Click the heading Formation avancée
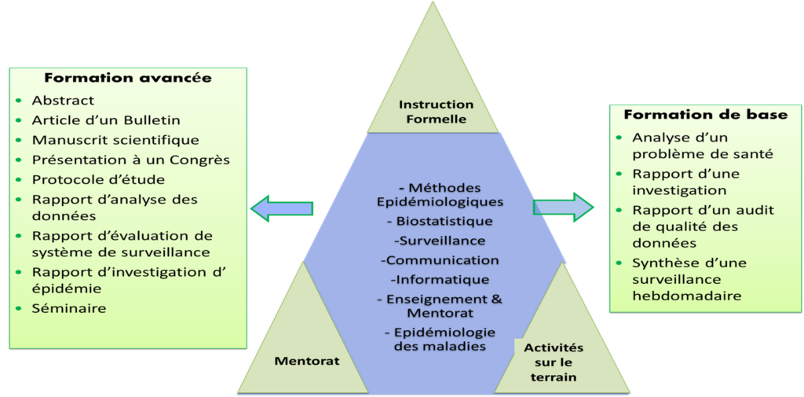coord(128,78)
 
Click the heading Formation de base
coord(705,115)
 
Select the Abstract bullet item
coord(63,101)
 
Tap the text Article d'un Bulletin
coord(106,120)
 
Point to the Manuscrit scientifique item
coord(115,140)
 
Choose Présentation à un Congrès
coord(130,160)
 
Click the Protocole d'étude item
coord(98,179)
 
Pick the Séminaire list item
coord(69,308)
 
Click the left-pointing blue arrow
coord(281,208)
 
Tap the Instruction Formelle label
coord(436,112)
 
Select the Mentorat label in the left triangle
coord(307,361)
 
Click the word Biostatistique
coord(444,222)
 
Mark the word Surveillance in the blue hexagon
coord(441,241)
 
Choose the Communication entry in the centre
coord(440,260)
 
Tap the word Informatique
coord(440,279)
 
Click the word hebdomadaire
coord(687,296)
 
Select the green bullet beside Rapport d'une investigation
coord(619,175)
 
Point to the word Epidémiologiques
coord(440,202)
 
